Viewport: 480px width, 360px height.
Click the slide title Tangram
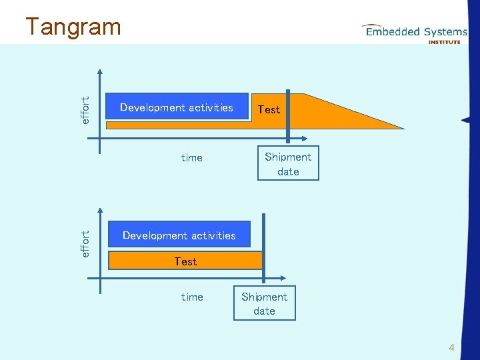click(73, 27)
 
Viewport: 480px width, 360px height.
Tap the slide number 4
click(451, 347)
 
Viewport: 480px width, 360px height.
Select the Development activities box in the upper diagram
click(177, 108)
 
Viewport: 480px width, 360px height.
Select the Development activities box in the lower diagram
click(179, 235)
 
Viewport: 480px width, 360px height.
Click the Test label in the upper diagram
click(269, 109)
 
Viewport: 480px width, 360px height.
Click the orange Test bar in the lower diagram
click(185, 261)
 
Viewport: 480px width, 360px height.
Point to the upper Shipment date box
click(288, 164)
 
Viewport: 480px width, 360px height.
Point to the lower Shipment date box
click(264, 303)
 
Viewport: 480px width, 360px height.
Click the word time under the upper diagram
click(191, 158)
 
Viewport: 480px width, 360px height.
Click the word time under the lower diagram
click(191, 297)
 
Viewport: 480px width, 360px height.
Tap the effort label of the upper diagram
click(85, 110)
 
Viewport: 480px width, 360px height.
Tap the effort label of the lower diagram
click(85, 243)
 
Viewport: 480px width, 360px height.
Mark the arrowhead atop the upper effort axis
click(100, 73)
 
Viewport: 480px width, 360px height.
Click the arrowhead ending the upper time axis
click(303, 139)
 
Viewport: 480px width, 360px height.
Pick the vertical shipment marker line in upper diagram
click(287, 117)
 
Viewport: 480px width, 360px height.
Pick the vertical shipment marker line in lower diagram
click(264, 247)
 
